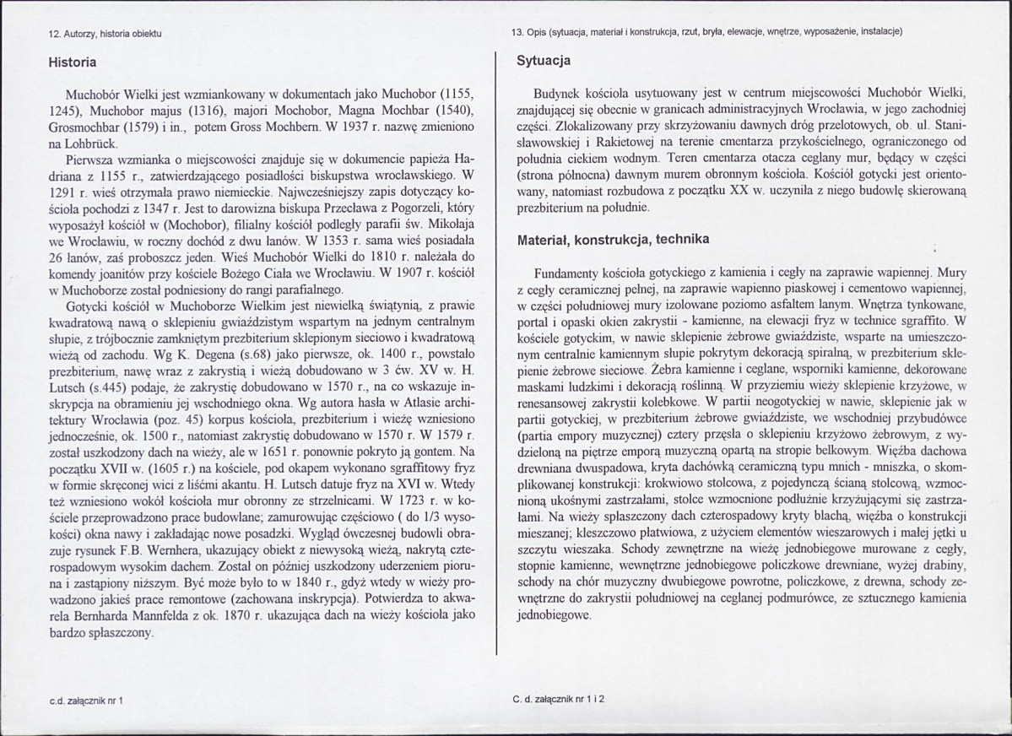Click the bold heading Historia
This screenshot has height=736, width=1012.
(73, 62)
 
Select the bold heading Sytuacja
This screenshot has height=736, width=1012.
(543, 61)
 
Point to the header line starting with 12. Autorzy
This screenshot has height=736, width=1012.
(105, 33)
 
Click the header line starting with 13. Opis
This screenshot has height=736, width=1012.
(707, 33)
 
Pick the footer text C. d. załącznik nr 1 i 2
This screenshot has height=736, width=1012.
(560, 700)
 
